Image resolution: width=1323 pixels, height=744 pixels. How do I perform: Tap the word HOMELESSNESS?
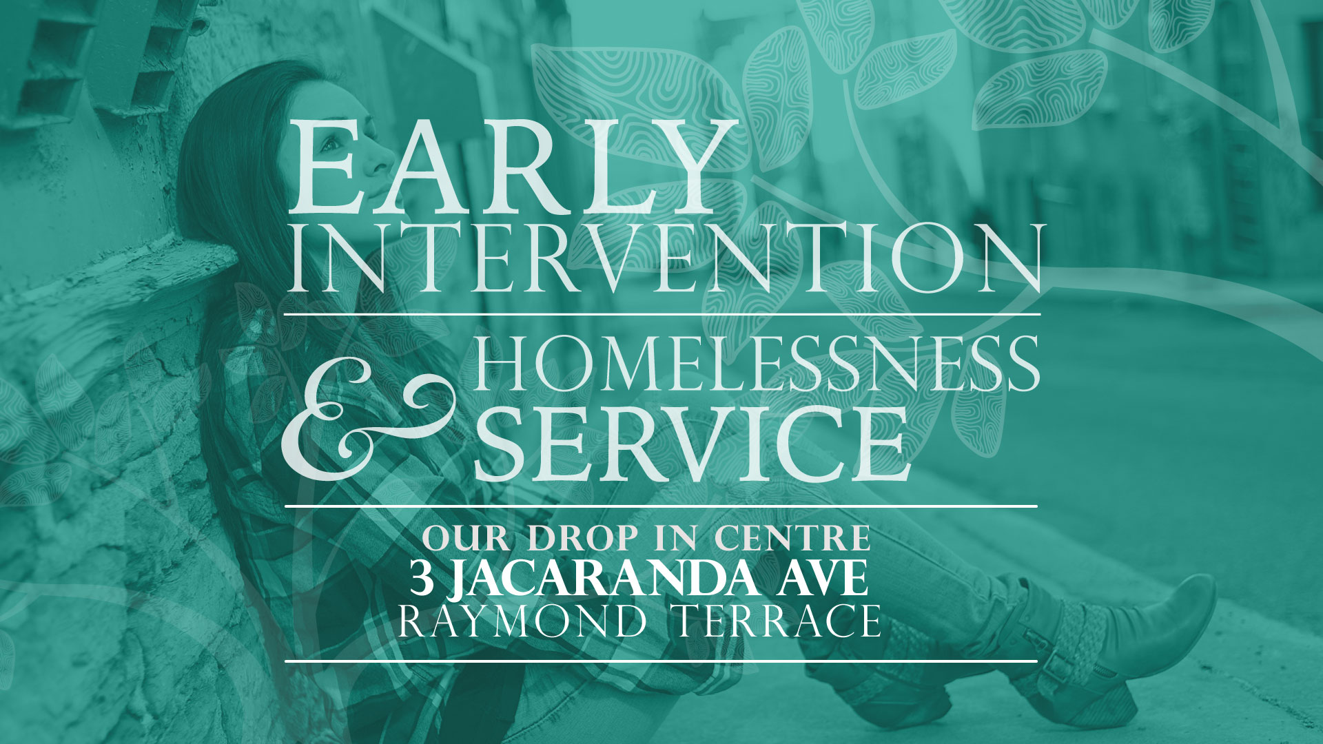[757, 363]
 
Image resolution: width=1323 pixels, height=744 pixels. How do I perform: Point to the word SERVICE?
[690, 444]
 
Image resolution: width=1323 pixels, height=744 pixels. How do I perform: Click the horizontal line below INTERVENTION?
[661, 315]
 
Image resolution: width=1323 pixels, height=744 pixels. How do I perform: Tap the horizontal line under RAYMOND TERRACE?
[661, 661]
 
